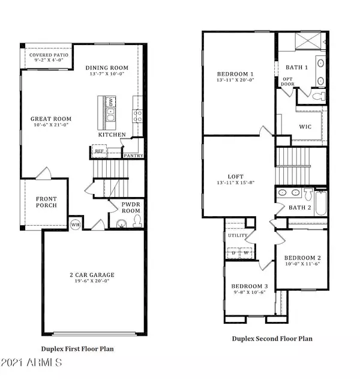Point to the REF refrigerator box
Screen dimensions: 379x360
100,152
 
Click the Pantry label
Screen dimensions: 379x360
132,156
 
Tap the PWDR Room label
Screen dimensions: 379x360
130,208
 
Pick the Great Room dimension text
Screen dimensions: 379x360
47,126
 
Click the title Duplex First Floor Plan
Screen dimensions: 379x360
77,348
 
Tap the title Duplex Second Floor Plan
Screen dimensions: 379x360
272,339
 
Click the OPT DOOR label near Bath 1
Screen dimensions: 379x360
287,81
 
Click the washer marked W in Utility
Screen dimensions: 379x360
246,252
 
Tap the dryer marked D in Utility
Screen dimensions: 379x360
233,252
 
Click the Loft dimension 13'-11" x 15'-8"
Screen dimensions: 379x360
239,183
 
